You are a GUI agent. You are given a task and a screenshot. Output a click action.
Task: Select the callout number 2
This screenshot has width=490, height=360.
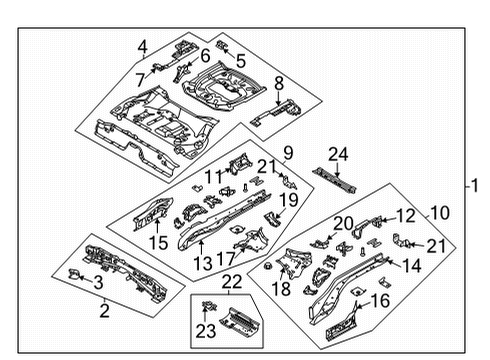pos(102,311)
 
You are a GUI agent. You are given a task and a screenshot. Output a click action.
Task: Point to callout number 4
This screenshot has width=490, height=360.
pos(144,45)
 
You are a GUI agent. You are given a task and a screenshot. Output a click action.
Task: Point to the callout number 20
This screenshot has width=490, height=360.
pos(343,223)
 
